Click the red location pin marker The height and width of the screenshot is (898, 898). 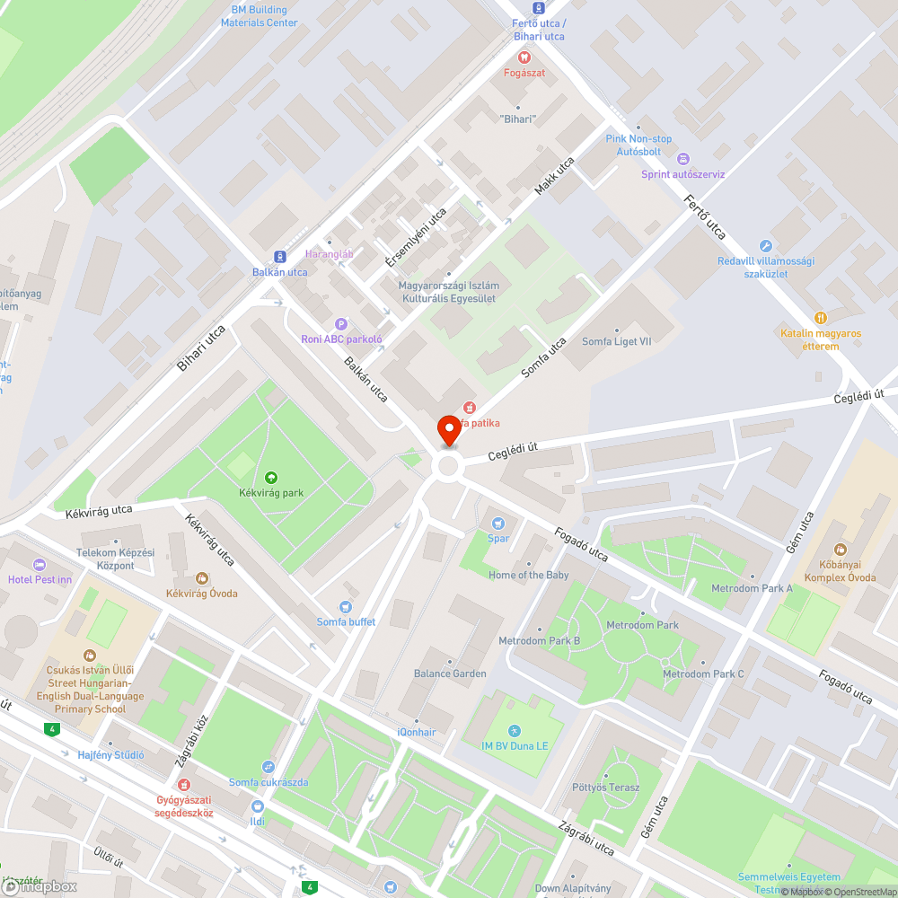click(448, 430)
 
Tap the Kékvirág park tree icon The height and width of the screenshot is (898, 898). click(270, 477)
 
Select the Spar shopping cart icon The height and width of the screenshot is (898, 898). click(498, 524)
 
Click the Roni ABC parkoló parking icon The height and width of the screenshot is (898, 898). click(340, 324)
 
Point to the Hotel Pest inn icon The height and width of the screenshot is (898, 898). click(39, 564)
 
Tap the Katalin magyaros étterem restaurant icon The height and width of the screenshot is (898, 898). click(820, 318)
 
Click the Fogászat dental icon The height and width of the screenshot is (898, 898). click(524, 57)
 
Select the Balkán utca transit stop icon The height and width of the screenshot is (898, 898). click(279, 257)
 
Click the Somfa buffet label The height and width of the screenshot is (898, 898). click(346, 621)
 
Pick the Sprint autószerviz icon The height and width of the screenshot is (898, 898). click(682, 159)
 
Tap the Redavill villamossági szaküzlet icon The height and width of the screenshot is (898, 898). click(765, 245)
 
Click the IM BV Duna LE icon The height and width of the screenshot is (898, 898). click(513, 731)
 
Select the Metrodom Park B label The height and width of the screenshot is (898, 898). click(540, 641)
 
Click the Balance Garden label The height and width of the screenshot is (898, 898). click(450, 673)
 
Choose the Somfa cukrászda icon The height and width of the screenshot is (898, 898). click(268, 767)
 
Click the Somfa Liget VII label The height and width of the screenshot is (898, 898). click(617, 341)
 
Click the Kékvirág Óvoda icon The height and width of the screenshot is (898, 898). click(202, 578)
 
